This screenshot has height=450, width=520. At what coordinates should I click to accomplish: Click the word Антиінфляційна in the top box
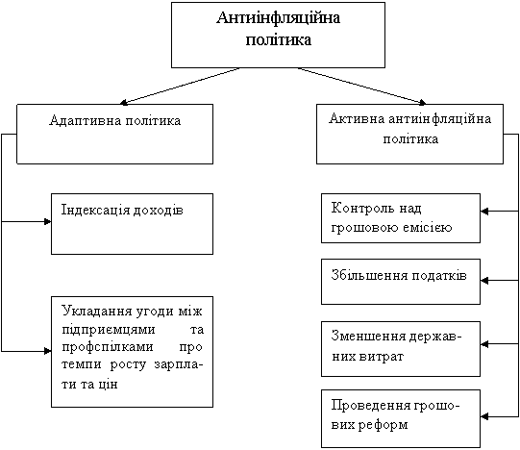278,17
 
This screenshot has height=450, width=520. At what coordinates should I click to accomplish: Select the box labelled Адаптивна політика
114,134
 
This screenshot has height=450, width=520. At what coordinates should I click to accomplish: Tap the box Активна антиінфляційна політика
409,134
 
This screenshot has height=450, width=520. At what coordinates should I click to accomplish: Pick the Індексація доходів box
132,224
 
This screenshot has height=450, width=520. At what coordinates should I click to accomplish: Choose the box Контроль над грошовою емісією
401,218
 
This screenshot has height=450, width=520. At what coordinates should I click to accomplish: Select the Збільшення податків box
401,282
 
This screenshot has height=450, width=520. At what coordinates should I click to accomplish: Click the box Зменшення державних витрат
401,349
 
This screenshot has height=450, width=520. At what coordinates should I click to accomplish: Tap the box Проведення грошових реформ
401,419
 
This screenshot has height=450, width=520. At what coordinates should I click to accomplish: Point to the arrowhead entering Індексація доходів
48,221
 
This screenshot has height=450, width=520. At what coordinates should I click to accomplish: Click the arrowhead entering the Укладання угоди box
48,351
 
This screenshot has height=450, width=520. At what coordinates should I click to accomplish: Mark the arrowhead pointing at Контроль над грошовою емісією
484,212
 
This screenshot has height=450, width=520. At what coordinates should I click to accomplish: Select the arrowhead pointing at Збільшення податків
484,281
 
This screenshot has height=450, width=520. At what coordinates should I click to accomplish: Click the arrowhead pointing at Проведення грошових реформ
484,416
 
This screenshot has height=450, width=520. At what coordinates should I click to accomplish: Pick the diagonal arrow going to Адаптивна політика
180,87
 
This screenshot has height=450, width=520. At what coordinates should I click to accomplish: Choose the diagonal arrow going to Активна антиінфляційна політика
361,87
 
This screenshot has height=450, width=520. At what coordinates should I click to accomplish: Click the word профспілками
108,347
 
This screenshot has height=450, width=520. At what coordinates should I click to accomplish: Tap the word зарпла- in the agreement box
179,365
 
